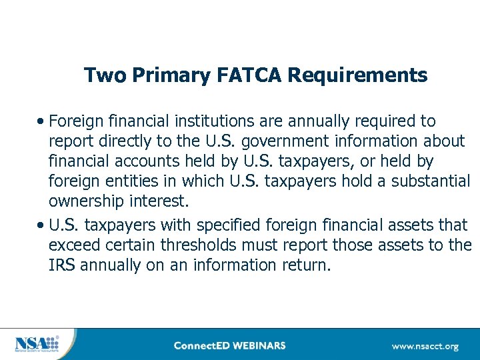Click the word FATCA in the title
tap(251, 75)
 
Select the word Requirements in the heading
tap(357, 75)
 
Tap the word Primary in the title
tap(173, 75)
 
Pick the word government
tap(284, 141)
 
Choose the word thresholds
tap(203, 245)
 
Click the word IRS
tap(61, 265)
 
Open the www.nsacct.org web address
tap(425, 346)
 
